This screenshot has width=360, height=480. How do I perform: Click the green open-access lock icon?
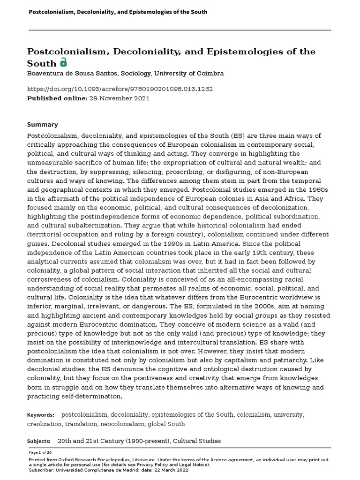point(63,62)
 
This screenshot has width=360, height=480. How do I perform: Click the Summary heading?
point(42,125)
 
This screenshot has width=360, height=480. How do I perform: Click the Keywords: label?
point(41,415)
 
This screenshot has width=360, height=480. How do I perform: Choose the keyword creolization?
point(45,424)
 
